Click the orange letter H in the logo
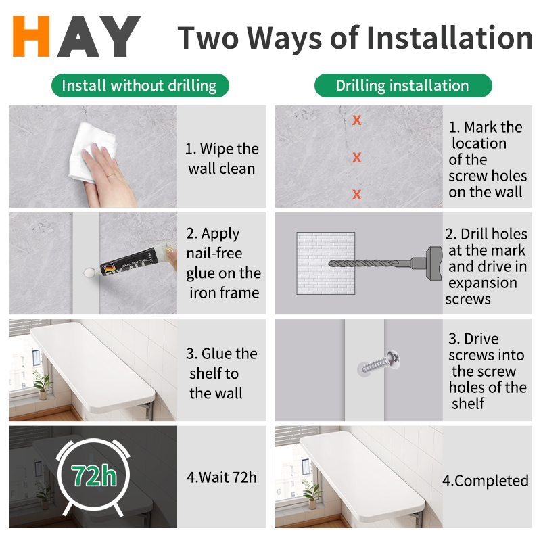pos(31,36)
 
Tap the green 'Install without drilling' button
pos(140,86)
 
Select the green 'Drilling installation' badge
pos(403,86)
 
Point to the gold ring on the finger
pos(111,175)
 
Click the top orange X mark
pos(357,120)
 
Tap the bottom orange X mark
pos(357,195)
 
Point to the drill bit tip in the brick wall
pos(330,264)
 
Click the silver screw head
pos(394,359)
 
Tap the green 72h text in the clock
pos(94,476)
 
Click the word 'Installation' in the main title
pos(450,37)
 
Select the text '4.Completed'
pos(486,481)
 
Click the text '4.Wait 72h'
pos(222,477)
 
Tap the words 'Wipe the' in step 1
pos(229,149)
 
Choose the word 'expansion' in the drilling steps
pos(482,283)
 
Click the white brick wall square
pos(326,263)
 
